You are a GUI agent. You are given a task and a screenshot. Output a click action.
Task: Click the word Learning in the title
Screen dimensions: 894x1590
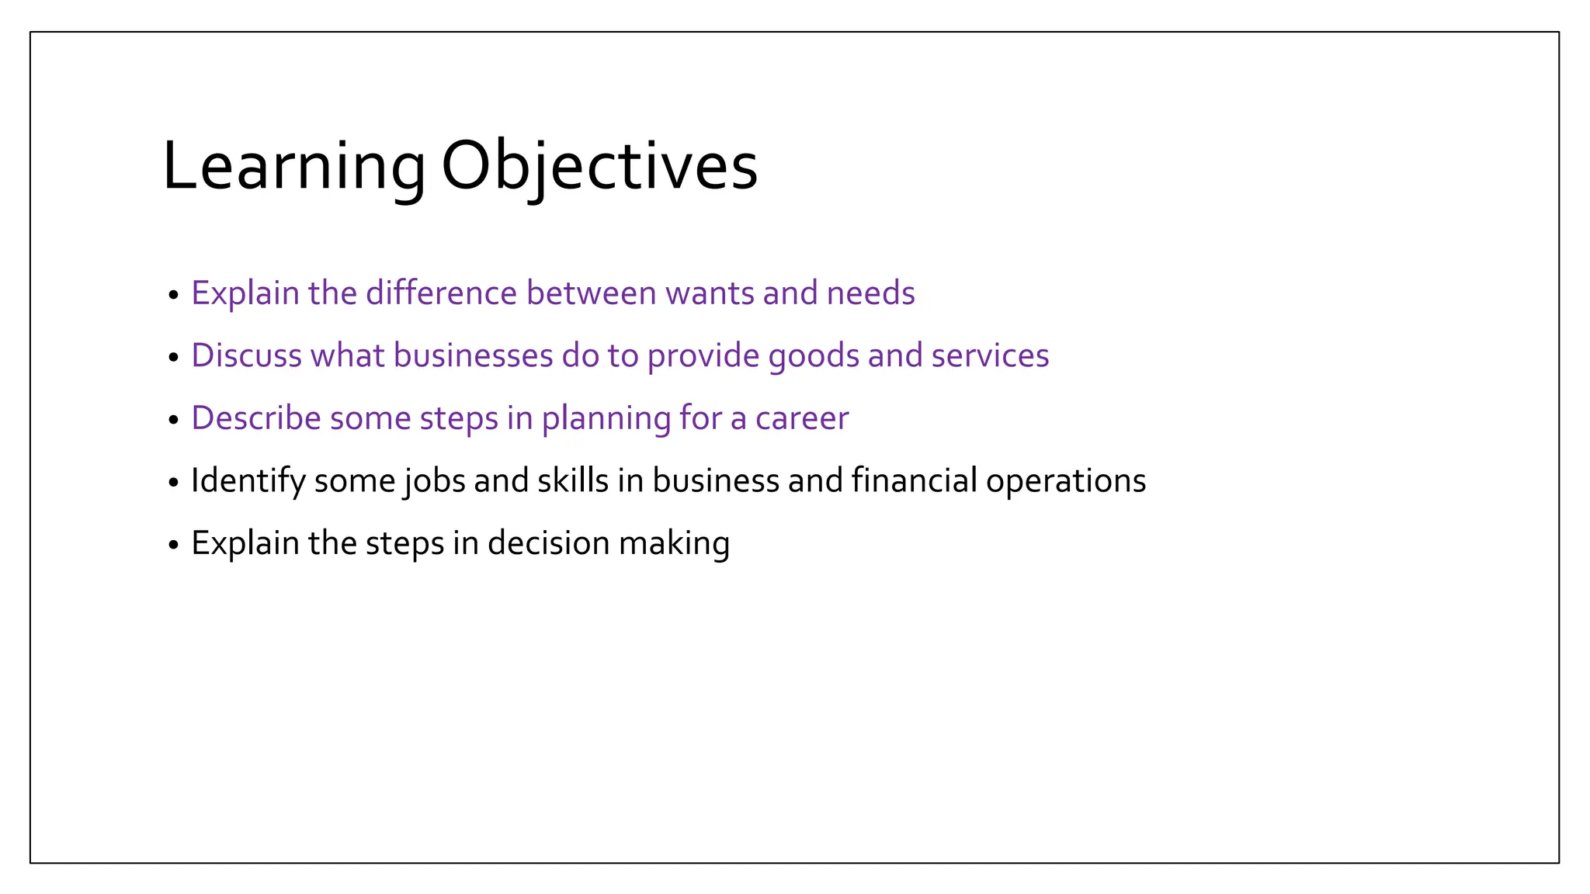pos(293,167)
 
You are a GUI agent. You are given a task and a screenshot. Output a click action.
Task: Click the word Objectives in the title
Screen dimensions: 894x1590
pos(599,167)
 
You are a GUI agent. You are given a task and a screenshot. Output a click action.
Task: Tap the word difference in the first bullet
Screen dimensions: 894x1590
pos(441,293)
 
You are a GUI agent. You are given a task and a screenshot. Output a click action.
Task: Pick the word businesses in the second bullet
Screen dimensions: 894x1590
pos(473,355)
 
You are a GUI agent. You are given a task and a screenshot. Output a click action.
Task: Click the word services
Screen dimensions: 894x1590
pos(990,355)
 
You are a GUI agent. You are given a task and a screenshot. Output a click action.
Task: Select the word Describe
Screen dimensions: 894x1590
pos(256,418)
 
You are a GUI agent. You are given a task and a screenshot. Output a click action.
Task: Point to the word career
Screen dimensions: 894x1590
pos(802,419)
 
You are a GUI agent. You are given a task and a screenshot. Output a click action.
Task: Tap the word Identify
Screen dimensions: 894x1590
pos(248,481)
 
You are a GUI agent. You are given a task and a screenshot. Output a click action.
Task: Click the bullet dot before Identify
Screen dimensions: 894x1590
pos(173,483)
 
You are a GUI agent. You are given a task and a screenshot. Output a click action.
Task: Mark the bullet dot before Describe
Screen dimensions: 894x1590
pos(173,421)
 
